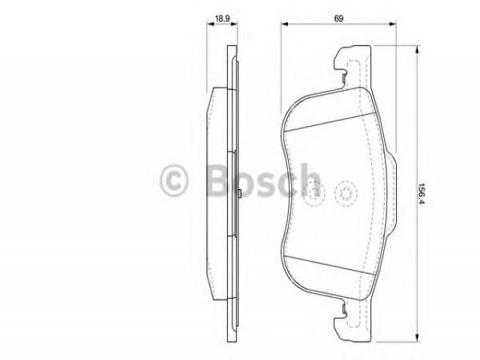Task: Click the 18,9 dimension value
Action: click(222, 19)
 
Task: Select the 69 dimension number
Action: click(338, 18)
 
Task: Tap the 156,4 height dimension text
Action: click(421, 193)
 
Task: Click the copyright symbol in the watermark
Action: click(173, 180)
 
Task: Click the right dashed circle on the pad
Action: click(346, 193)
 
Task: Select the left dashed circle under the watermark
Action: click(313, 193)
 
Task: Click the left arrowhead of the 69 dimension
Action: click(285, 23)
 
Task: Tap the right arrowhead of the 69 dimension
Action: click(392, 23)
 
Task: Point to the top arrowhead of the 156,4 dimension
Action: click(417, 50)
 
